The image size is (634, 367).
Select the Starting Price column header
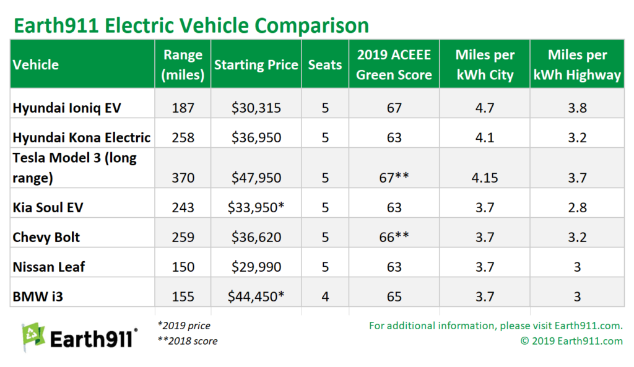tap(256, 64)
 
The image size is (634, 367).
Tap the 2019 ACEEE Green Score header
tap(394, 64)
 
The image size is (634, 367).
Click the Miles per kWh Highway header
tap(576, 64)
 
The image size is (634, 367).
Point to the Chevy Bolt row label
tap(46, 237)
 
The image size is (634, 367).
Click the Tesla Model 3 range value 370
tap(183, 178)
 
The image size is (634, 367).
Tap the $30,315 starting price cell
tap(256, 108)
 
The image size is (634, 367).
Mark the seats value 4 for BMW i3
tap(325, 296)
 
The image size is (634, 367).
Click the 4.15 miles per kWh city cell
tap(485, 178)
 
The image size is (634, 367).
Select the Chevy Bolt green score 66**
tap(394, 237)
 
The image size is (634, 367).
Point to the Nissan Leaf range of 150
tap(183, 267)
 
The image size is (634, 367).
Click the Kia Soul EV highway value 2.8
tap(576, 207)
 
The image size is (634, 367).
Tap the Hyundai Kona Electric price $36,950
tap(256, 137)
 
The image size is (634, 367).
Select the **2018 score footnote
tap(187, 340)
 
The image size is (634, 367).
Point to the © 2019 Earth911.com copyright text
tap(571, 340)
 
